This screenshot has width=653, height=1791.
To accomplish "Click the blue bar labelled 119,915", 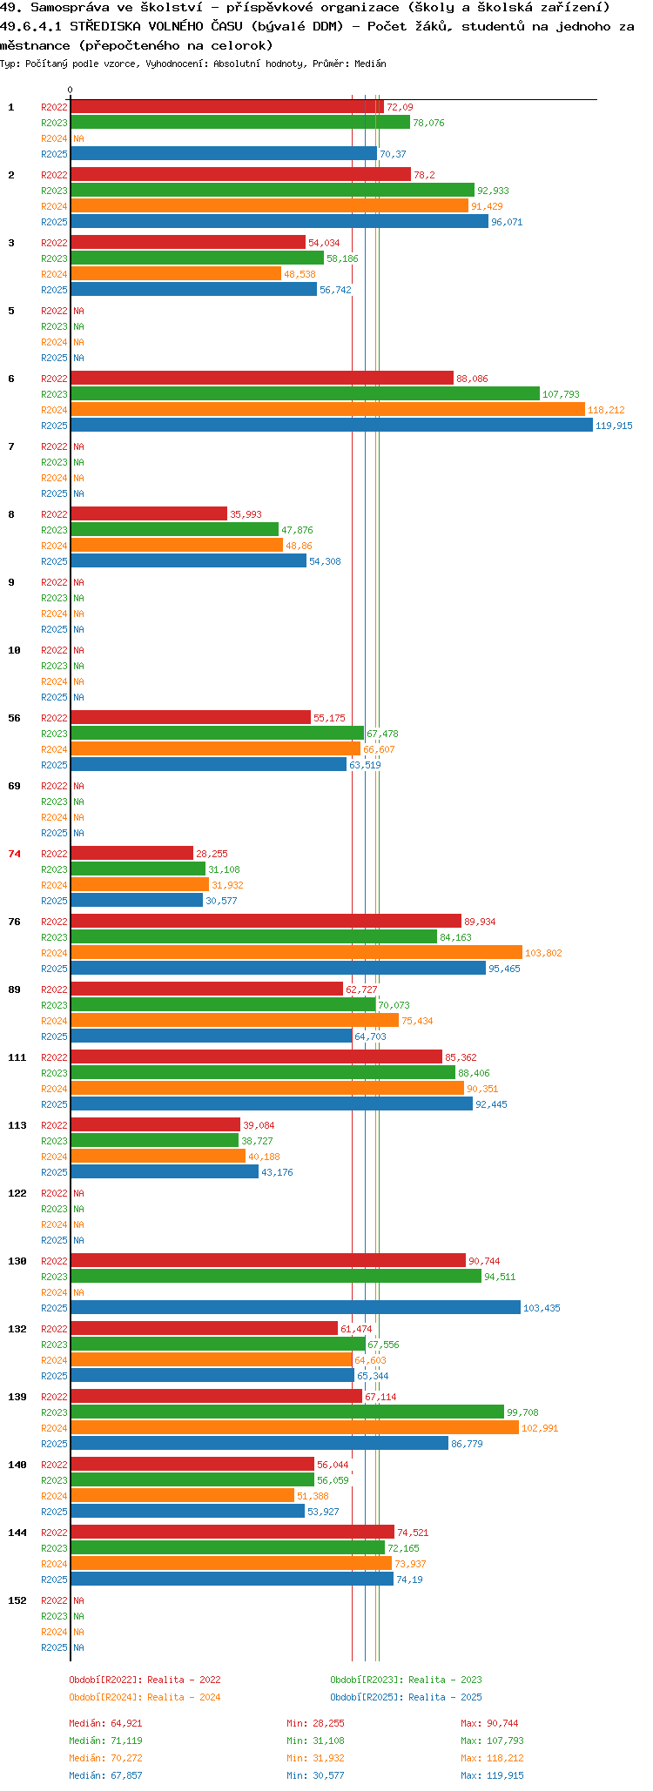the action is pyautogui.click(x=332, y=426).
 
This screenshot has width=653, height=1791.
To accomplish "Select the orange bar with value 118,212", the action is pyautogui.click(x=328, y=410).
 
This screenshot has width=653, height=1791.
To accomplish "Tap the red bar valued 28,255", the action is pyautogui.click(x=132, y=854).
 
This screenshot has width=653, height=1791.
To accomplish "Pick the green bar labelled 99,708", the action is pyautogui.click(x=287, y=1412).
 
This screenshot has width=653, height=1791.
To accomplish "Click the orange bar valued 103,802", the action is pyautogui.click(x=297, y=953).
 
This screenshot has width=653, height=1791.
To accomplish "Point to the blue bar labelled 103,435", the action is pyautogui.click(x=296, y=1308).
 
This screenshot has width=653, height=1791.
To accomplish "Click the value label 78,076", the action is pyautogui.click(x=428, y=123).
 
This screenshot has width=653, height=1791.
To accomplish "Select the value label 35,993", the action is pyautogui.click(x=246, y=514).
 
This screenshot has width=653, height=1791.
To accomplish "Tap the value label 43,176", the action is pyautogui.click(x=277, y=1172).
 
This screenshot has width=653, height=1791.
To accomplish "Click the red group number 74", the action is pyautogui.click(x=15, y=854).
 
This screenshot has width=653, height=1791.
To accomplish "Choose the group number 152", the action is pyautogui.click(x=17, y=1600).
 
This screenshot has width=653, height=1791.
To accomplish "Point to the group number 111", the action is pyautogui.click(x=17, y=1057).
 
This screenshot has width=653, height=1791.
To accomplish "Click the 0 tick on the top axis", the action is pyautogui.click(x=71, y=90).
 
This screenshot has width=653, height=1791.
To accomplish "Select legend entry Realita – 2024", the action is pyautogui.click(x=184, y=1697).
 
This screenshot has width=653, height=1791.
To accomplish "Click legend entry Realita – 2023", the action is pyautogui.click(x=445, y=1680).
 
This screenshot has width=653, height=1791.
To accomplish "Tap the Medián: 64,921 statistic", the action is pyautogui.click(x=105, y=1723).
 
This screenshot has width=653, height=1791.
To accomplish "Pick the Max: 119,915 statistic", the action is pyautogui.click(x=492, y=1775).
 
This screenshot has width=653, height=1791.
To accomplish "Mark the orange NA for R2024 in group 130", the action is pyautogui.click(x=78, y=1292).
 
